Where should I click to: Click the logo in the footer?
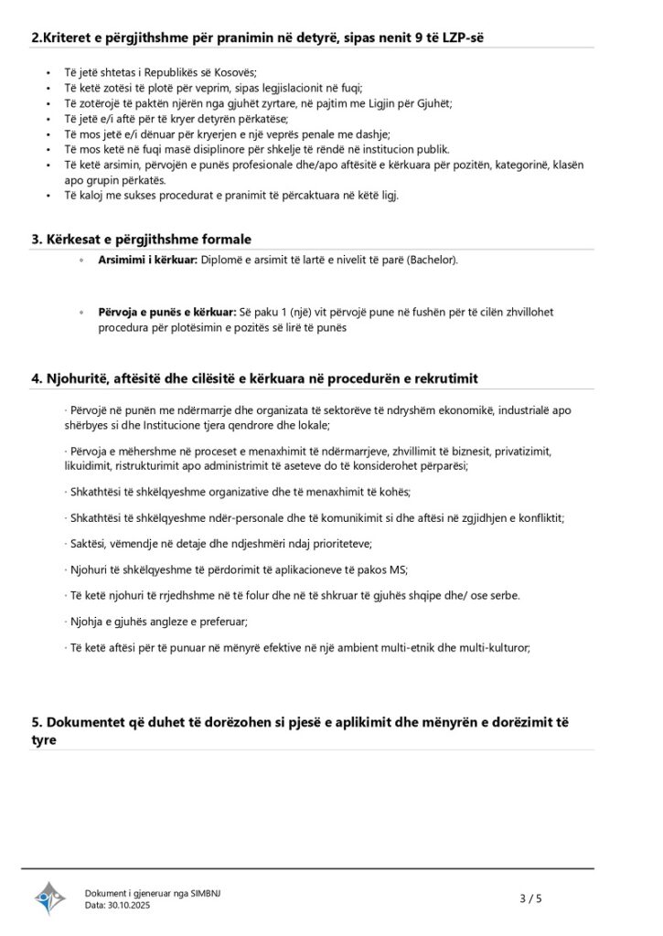50,898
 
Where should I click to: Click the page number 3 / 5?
530,899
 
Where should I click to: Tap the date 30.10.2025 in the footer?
130,905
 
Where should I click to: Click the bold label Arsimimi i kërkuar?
147,261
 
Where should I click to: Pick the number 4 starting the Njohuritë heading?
36,378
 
